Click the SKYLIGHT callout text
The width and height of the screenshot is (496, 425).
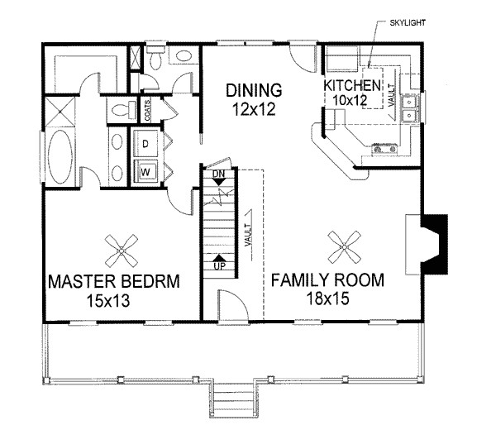point(408,23)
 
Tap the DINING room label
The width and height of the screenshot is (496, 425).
point(254,90)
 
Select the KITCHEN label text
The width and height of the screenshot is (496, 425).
point(352,85)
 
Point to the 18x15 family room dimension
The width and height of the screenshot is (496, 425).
point(327,298)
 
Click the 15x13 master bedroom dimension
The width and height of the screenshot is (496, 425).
point(108,301)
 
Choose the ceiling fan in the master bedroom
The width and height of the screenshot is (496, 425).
point(122,251)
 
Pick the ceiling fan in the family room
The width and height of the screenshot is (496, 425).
point(344,246)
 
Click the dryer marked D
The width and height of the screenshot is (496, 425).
point(145,143)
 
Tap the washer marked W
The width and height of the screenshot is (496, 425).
point(145,172)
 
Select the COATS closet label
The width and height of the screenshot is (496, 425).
point(147,111)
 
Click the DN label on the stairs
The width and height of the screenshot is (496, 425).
point(218,174)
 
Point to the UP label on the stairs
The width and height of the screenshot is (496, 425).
point(220,266)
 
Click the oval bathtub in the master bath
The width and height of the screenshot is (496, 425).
point(60,156)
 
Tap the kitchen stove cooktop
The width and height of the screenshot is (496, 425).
point(384,148)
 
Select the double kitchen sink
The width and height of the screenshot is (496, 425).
point(410,109)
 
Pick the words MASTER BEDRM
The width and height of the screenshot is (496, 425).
point(114,281)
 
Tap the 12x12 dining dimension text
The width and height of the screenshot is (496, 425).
point(254,109)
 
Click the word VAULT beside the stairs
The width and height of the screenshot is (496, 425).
point(248,235)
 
